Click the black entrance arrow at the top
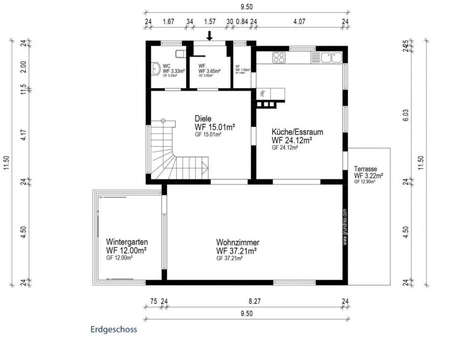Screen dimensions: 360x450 coord(209,36)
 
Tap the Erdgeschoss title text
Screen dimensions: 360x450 coord(113,329)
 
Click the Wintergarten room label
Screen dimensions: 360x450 coord(127,242)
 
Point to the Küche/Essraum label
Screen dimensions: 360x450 coord(297,132)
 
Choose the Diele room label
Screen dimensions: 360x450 coord(203,118)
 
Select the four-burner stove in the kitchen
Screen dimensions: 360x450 coord(278,58)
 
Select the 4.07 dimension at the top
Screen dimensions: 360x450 coord(299,21)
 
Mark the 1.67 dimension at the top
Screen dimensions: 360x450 coord(168,21)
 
